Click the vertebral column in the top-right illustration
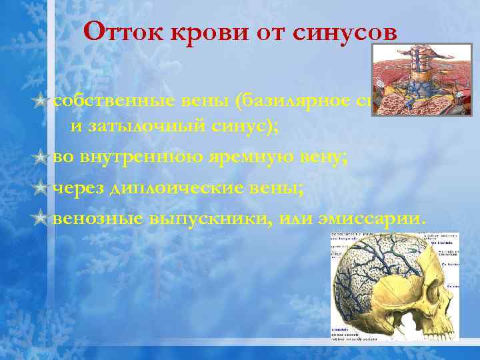click(x=421, y=67)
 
